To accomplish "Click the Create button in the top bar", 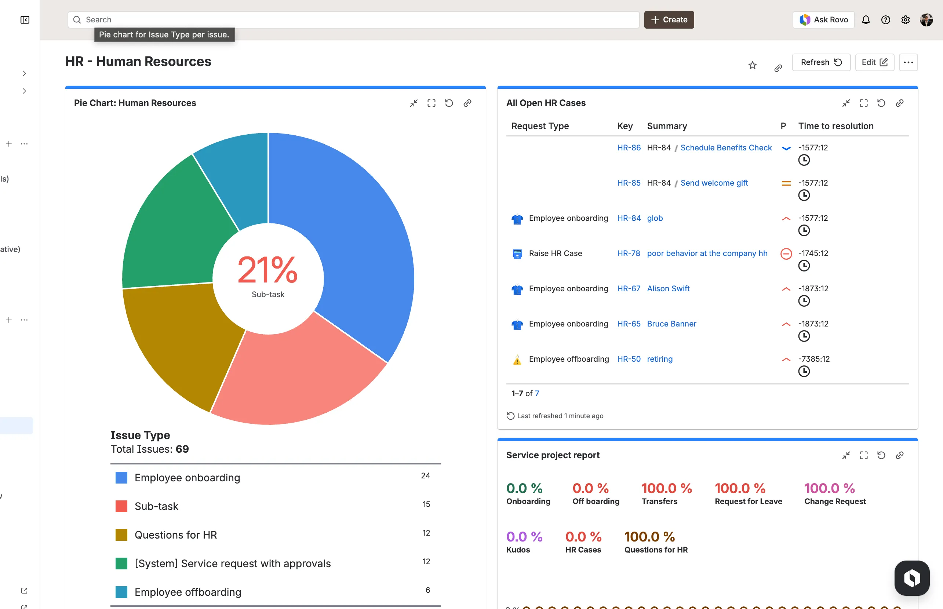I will (x=669, y=20).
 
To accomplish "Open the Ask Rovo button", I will (x=823, y=20).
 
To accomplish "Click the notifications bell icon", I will (x=866, y=20).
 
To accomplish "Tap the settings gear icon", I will (x=906, y=20).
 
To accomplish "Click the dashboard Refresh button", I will (x=821, y=62).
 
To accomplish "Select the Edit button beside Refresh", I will (x=874, y=62).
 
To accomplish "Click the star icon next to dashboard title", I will (x=752, y=66).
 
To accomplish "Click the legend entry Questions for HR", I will (x=176, y=535).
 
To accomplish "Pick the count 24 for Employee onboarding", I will (x=425, y=476).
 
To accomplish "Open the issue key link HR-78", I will (x=628, y=254).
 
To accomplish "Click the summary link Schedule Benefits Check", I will (x=726, y=148).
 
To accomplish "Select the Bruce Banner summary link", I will (x=671, y=324).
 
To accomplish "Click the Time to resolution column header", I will (x=835, y=126).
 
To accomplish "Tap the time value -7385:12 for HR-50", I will (x=813, y=359).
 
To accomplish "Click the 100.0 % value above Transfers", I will (x=666, y=488).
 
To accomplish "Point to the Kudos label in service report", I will (x=518, y=550).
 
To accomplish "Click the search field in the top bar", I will (x=352, y=20).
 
